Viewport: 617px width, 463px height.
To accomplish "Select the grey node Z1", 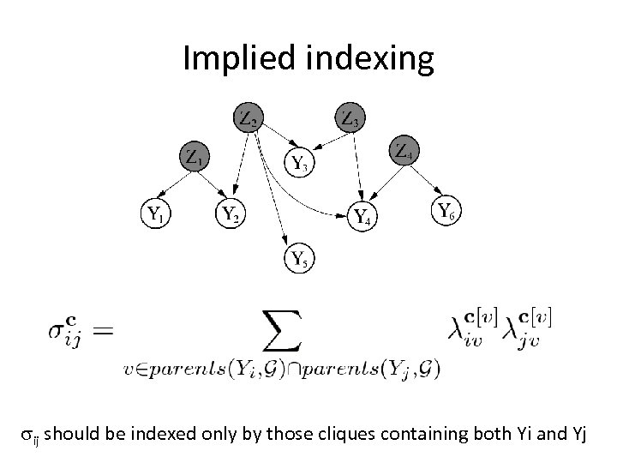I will point(195,158).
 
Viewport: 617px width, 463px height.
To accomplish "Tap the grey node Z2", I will point(248,118).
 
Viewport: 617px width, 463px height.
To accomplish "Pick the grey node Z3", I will point(350,117).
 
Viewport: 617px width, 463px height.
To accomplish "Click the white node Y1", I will point(155,213).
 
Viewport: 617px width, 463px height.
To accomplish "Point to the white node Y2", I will point(230,213).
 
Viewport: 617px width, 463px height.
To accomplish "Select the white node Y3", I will point(299,161).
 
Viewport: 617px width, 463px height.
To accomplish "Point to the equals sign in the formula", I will point(101,331).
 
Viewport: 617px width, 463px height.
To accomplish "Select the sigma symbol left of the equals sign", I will point(60,330).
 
